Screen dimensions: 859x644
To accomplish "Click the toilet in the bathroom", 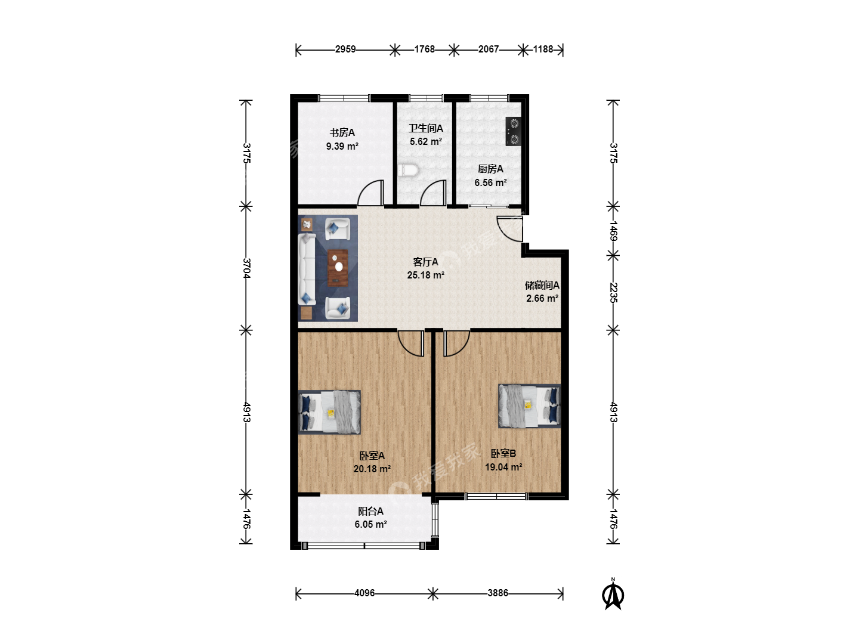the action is pos(408,171).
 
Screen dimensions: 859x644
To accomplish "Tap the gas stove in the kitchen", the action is pos(513,131).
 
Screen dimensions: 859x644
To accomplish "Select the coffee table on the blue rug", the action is pos(338,268).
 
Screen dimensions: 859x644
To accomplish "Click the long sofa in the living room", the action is pos(307,269).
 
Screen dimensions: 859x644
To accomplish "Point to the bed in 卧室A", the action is pos(329,411).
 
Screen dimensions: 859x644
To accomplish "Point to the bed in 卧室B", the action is pos(530,406).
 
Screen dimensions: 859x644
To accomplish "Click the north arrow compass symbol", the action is pos(613,595).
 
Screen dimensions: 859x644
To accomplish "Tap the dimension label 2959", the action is pos(345,49).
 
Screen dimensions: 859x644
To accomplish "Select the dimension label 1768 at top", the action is pos(425,49).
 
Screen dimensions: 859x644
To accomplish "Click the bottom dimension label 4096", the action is pos(364,593).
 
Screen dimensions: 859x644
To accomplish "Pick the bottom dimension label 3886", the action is pos(498,593).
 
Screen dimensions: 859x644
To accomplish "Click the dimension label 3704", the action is pos(246,268).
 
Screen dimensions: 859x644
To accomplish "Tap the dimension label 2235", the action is pos(613,292).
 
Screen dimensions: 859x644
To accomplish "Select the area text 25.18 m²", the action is pos(425,275).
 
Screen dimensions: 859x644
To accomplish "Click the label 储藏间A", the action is pos(542,286).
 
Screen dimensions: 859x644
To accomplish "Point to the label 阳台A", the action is pos(370,512).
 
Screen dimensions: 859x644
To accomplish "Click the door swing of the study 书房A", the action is pos(370,193).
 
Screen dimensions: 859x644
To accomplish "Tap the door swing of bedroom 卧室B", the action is pos(457,343).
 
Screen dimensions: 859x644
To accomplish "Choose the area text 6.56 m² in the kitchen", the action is pos(491,182).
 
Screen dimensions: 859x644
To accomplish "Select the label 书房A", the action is pos(342,133).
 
